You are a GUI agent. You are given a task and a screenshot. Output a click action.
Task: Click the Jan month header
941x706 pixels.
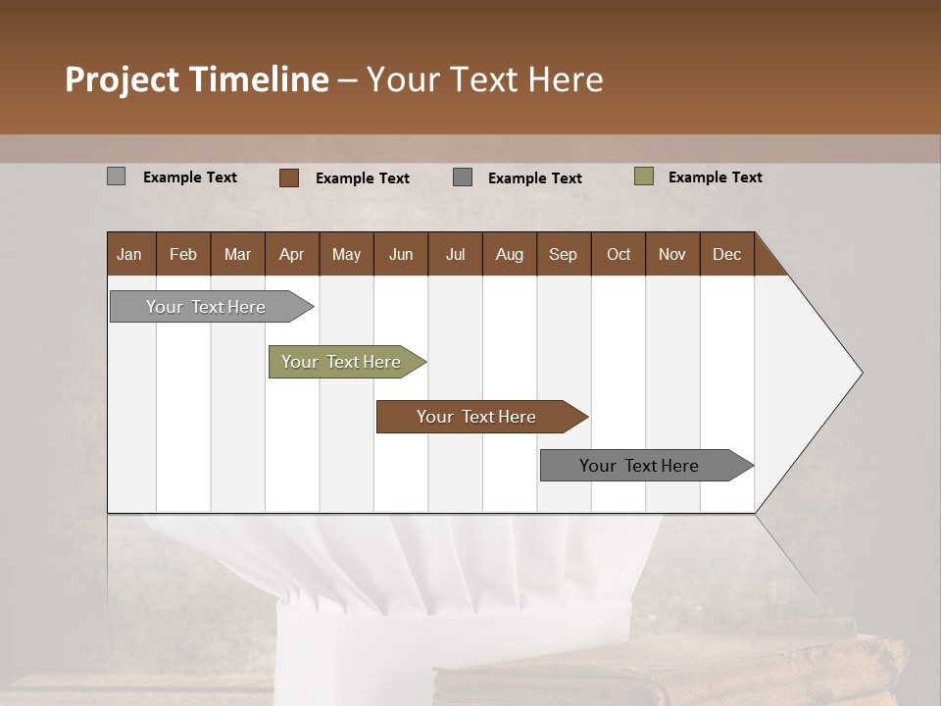129,254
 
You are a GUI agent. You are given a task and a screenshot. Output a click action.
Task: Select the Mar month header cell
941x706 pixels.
237,254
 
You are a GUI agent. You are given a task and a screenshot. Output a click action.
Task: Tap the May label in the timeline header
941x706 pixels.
346,254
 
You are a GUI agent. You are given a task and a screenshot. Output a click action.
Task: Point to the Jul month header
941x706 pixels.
455,254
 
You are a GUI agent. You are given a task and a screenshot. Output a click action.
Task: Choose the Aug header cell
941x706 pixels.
509,254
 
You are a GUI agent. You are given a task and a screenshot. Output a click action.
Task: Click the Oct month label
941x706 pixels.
618,254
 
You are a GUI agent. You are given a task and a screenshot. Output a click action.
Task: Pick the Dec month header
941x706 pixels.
726,254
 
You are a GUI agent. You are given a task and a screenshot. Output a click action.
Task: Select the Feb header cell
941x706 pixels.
183,254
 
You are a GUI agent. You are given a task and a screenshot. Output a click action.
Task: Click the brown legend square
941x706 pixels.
289,177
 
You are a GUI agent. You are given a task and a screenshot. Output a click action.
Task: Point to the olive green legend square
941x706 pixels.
644,176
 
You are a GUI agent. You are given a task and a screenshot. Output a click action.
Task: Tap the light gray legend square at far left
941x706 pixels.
117,176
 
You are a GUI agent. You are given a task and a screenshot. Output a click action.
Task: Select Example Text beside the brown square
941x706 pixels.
363,178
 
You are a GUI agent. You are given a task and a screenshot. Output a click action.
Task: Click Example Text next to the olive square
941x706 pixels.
715,177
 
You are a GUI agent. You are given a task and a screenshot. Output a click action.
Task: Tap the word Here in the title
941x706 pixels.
566,79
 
